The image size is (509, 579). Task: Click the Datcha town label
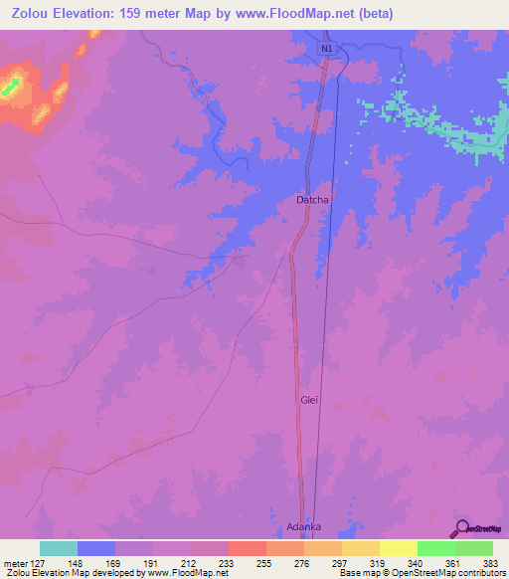coord(312,200)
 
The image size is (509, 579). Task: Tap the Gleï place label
coord(308,400)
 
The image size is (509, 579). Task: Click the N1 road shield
coord(327,48)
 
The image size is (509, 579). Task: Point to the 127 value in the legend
coord(40,562)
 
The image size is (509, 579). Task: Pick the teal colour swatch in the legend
coord(59,548)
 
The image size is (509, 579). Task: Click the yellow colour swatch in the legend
coord(399,548)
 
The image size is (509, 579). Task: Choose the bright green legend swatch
coord(436,548)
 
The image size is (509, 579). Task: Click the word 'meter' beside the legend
coord(14,562)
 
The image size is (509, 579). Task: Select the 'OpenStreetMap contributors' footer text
coord(436,573)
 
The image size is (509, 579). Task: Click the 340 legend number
coord(418,562)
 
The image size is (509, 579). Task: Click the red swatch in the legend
coord(248,548)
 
